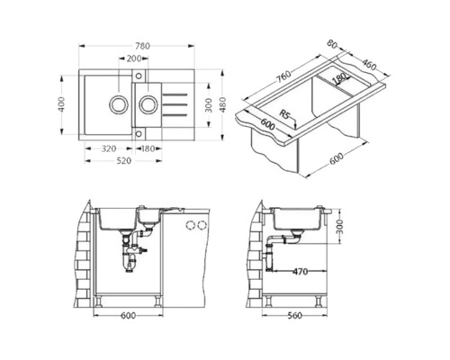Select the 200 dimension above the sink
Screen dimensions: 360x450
(133, 58)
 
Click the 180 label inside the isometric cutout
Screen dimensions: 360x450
(339, 80)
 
